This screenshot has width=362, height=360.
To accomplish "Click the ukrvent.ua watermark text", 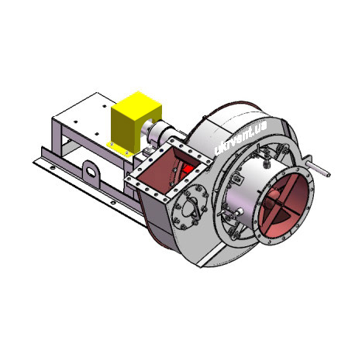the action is coord(240,139).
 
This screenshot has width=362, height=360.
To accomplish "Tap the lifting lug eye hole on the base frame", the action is coord(91,172).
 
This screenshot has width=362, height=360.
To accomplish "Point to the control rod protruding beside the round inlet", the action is coord(317,169).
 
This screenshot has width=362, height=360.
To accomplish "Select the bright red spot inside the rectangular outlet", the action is coord(188,170).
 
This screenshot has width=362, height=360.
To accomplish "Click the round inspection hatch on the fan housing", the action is coord(191,207).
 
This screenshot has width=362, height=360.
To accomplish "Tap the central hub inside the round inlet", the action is coord(272,200).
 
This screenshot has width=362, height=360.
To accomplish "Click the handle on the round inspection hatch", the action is coord(193,208).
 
